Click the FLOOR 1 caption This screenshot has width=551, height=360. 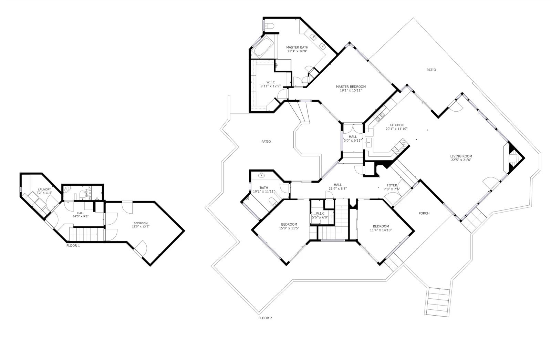(x=73, y=246)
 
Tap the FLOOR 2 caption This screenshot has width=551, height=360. (x=265, y=318)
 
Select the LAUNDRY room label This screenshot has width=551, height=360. (x=44, y=189)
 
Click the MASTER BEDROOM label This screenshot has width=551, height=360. (x=351, y=86)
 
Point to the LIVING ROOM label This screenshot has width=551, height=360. (x=461, y=156)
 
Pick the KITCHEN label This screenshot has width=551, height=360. (x=396, y=125)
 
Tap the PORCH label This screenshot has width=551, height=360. (x=424, y=213)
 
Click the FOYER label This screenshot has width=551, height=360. (x=392, y=185)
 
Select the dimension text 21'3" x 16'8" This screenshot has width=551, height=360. (x=297, y=51)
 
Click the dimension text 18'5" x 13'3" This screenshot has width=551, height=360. (x=141, y=226)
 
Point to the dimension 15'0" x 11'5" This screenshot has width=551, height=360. (x=289, y=228)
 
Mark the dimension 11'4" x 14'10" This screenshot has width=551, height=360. (x=381, y=230)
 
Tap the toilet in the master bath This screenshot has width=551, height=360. (x=269, y=25)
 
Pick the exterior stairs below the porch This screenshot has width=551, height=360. (x=438, y=302)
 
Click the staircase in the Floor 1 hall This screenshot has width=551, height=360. (x=86, y=234)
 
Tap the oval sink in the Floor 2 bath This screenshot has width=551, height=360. (x=261, y=175)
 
